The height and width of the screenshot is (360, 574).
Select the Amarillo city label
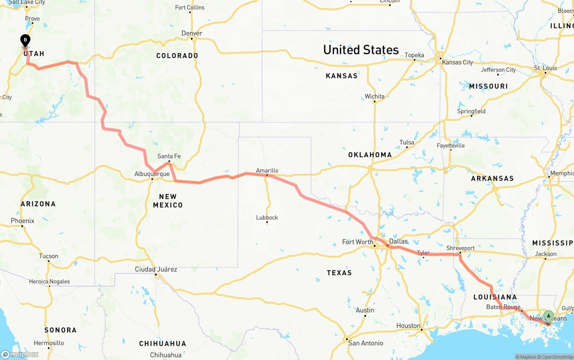tap(267, 170)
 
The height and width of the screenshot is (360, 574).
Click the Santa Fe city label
tap(169, 156)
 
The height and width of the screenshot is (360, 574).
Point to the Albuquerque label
tap(152, 174)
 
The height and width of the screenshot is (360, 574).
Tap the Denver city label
tap(192, 33)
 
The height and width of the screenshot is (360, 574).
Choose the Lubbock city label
tap(267, 217)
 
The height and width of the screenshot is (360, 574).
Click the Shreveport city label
tap(460, 248)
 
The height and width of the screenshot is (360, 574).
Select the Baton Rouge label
tap(503, 307)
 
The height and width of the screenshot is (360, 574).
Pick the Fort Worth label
tap(357, 242)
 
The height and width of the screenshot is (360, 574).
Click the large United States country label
tap(361, 50)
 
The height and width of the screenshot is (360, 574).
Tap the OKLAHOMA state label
tap(370, 155)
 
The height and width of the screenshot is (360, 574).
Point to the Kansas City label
tap(457, 62)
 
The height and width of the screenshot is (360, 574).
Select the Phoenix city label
tap(22, 221)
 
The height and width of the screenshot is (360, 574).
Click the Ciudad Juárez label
tap(156, 269)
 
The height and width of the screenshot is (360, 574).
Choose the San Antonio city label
tap(366, 343)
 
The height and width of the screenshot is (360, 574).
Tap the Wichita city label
tap(374, 96)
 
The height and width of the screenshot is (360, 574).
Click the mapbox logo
tap(20, 354)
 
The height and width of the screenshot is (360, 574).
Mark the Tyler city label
tap(423, 253)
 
